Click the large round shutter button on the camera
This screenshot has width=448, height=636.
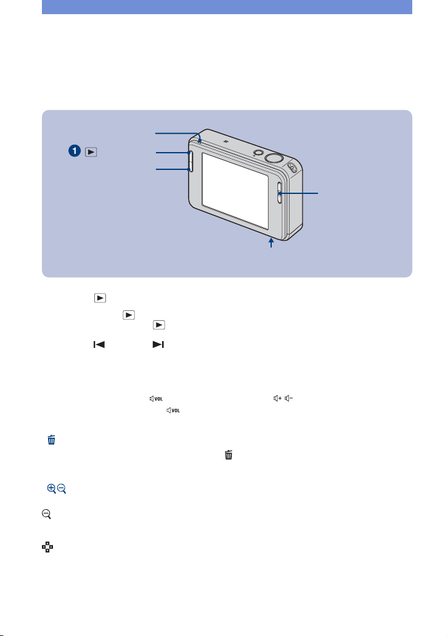click(274, 158)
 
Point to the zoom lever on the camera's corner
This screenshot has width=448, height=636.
click(292, 166)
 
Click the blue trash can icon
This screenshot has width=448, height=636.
click(52, 440)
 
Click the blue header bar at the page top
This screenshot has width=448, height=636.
click(227, 7)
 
